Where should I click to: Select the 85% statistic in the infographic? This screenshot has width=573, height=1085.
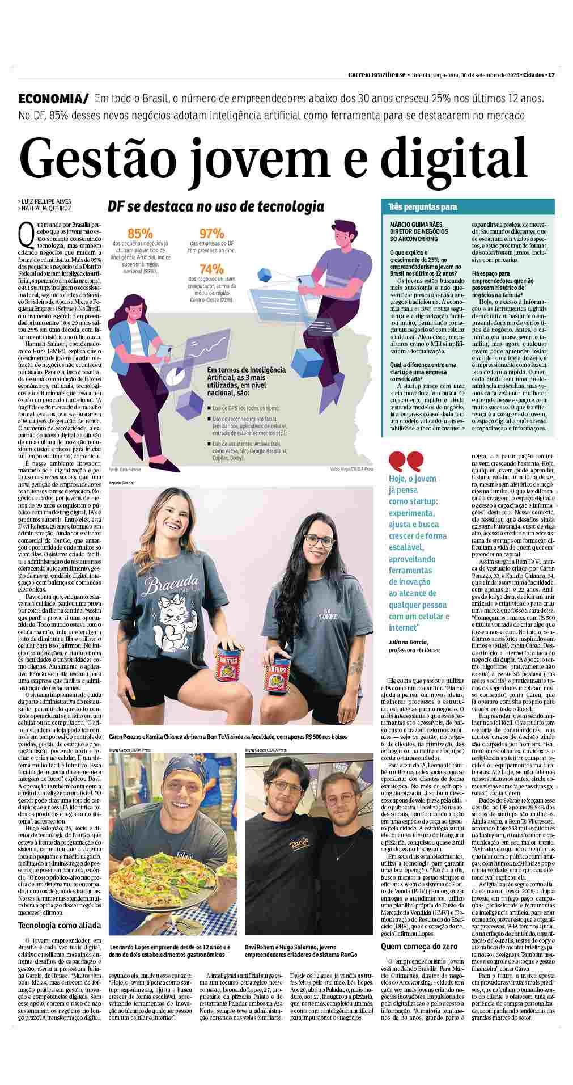coord(139,234)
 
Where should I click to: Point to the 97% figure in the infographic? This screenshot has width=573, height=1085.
coord(212,234)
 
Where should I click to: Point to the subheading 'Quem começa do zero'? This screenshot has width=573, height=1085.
coord(418,946)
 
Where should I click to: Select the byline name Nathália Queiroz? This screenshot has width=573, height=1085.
coord(47,208)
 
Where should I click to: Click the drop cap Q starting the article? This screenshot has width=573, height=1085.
coord(25,230)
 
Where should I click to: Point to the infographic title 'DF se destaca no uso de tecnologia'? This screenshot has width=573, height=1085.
coord(216,206)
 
